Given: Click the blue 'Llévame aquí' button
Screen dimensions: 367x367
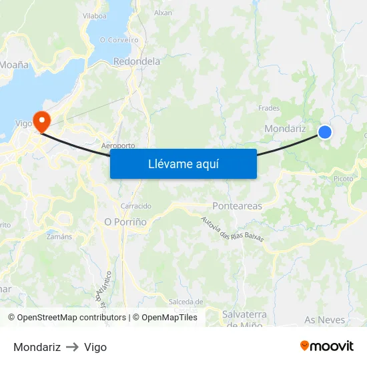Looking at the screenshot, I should (x=183, y=163).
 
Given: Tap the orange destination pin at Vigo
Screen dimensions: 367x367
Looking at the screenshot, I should (x=42, y=121).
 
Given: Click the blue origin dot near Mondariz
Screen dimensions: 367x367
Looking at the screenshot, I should (x=325, y=132).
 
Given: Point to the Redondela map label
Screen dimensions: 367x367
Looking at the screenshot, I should (x=137, y=61).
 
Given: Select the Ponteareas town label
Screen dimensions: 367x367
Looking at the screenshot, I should (x=237, y=206).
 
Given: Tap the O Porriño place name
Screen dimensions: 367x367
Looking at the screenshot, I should (x=125, y=221).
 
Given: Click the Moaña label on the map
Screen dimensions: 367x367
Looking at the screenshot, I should (x=15, y=65).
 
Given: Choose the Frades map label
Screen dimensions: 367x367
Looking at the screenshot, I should (x=268, y=107).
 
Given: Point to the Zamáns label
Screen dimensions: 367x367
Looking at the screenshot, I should (x=59, y=236).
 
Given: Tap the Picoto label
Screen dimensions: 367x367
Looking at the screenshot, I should (x=344, y=179).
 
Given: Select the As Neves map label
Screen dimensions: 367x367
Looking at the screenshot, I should (x=325, y=320).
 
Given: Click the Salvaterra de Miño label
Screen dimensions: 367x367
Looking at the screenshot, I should (x=244, y=319).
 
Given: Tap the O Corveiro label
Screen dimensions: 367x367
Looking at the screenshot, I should (x=119, y=40).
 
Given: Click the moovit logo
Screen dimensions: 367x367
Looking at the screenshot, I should (x=327, y=346).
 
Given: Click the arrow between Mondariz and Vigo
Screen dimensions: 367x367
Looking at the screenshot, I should (x=72, y=348).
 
